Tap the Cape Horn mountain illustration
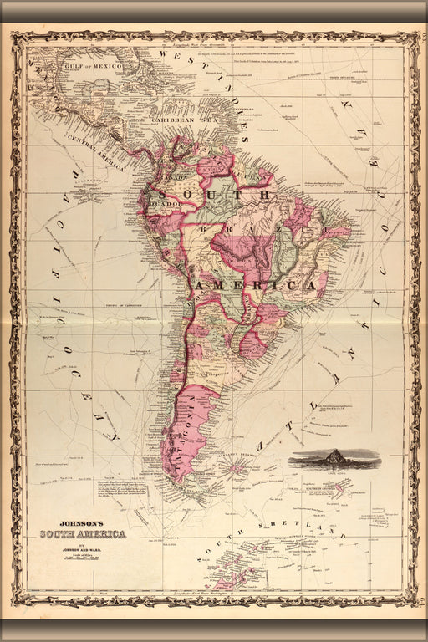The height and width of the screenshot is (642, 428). pos(334,459)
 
